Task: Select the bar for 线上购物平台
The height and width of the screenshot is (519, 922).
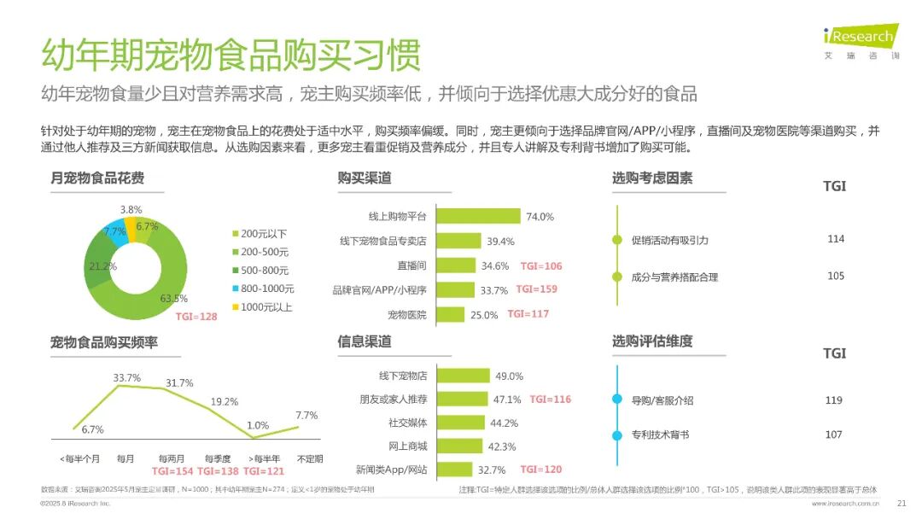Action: click(x=478, y=216)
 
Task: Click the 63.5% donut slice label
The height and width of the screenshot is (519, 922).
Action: click(x=173, y=299)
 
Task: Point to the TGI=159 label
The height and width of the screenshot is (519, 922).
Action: click(x=536, y=289)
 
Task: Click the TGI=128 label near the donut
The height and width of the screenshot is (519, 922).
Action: click(x=196, y=317)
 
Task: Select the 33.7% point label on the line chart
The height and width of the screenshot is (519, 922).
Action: click(x=126, y=377)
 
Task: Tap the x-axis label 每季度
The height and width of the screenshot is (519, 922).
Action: click(x=218, y=458)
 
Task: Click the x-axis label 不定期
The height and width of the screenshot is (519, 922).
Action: click(x=309, y=458)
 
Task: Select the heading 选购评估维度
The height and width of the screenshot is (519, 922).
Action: click(x=651, y=341)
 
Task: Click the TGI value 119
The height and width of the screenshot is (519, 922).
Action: click(x=833, y=399)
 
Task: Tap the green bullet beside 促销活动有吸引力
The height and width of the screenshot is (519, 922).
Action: click(x=617, y=240)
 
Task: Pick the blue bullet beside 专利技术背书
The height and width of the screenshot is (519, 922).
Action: click(x=617, y=435)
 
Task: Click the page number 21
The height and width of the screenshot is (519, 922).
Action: click(x=900, y=504)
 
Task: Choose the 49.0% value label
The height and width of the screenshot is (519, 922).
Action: click(x=509, y=376)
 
